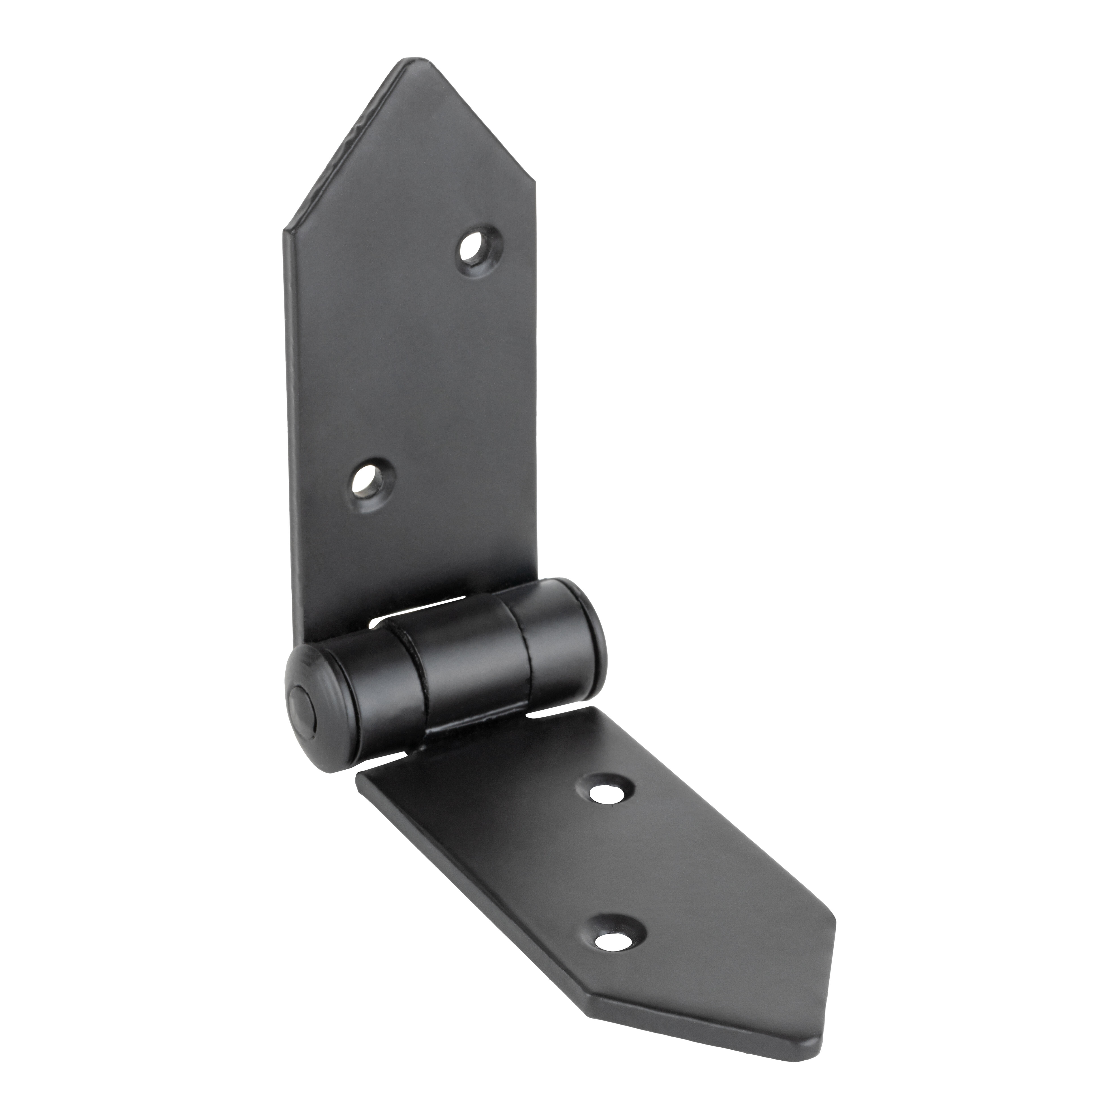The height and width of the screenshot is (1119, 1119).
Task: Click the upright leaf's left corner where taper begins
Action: (285, 232)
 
